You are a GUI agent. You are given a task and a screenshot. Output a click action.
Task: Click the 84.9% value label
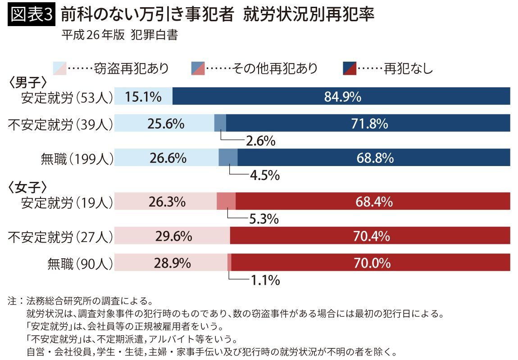pos(342,96)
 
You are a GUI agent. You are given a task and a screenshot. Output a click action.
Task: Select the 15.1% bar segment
pos(143,96)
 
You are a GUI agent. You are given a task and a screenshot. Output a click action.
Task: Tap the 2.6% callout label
pos(260,141)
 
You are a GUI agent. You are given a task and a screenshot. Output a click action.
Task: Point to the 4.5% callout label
pos(265,175)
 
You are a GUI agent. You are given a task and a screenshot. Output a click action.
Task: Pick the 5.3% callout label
pos(264,220)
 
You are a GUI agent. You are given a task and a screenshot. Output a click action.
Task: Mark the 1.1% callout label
pos(265,281)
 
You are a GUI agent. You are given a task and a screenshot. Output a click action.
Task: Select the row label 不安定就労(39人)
pos(60,124)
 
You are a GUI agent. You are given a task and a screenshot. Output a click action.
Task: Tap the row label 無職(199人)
pos(77,158)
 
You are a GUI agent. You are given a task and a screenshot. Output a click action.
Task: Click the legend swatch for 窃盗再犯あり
pos(59,68)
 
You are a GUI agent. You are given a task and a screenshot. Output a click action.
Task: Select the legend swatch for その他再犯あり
pos(198,68)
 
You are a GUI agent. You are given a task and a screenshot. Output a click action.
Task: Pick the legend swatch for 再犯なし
pos(350,68)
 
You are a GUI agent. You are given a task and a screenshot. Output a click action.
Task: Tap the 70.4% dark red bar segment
pos(370,235)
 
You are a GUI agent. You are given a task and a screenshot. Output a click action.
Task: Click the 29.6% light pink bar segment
pos(172,235)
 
